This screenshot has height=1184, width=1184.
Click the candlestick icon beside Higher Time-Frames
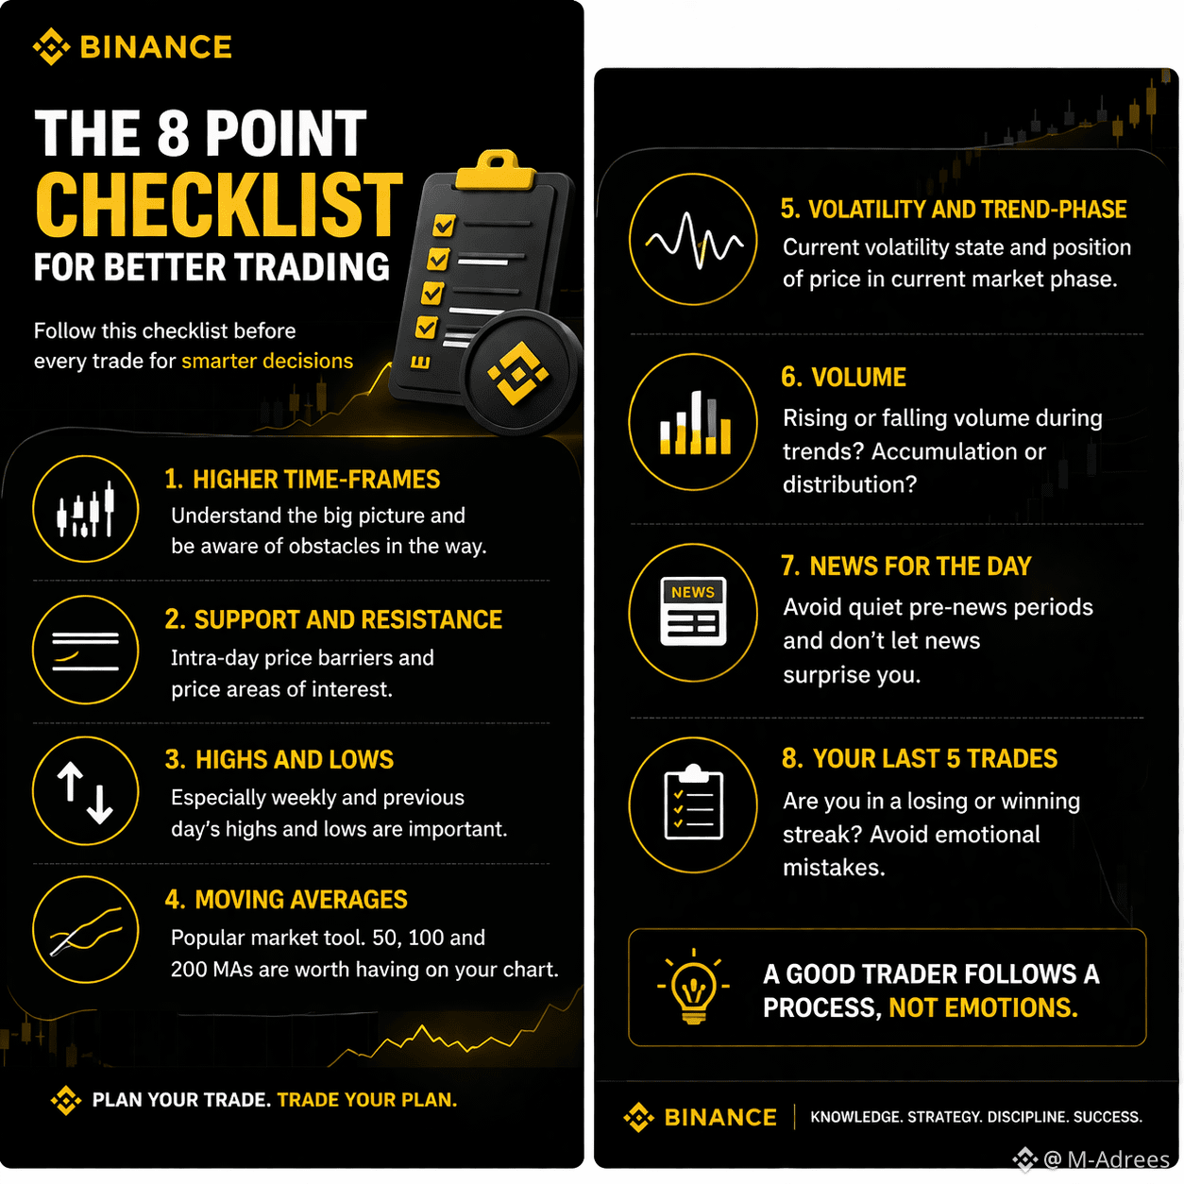[85, 509]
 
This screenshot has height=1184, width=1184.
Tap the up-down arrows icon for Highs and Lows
[85, 791]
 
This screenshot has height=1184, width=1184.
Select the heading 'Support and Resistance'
[333, 619]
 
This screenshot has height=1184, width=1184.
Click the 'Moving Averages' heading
[286, 899]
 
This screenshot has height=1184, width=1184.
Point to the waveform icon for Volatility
[694, 240]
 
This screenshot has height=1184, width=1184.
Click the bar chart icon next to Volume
[695, 423]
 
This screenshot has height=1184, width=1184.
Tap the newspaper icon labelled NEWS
[693, 611]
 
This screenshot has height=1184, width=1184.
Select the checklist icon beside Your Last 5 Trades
[694, 802]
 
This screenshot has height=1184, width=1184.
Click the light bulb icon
[693, 986]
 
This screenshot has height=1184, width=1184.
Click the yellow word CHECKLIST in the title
[219, 204]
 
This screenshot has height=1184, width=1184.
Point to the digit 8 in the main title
[174, 133]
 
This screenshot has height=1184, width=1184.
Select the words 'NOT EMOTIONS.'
[983, 1007]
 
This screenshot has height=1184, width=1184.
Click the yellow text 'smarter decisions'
[267, 361]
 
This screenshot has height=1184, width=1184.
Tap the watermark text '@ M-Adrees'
[1106, 1159]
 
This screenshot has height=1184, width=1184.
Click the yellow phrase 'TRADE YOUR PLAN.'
[366, 1100]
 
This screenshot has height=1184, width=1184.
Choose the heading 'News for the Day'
[906, 566]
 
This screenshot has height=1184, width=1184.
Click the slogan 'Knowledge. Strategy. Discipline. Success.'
[976, 1116]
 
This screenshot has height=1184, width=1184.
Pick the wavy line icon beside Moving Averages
[85, 930]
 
